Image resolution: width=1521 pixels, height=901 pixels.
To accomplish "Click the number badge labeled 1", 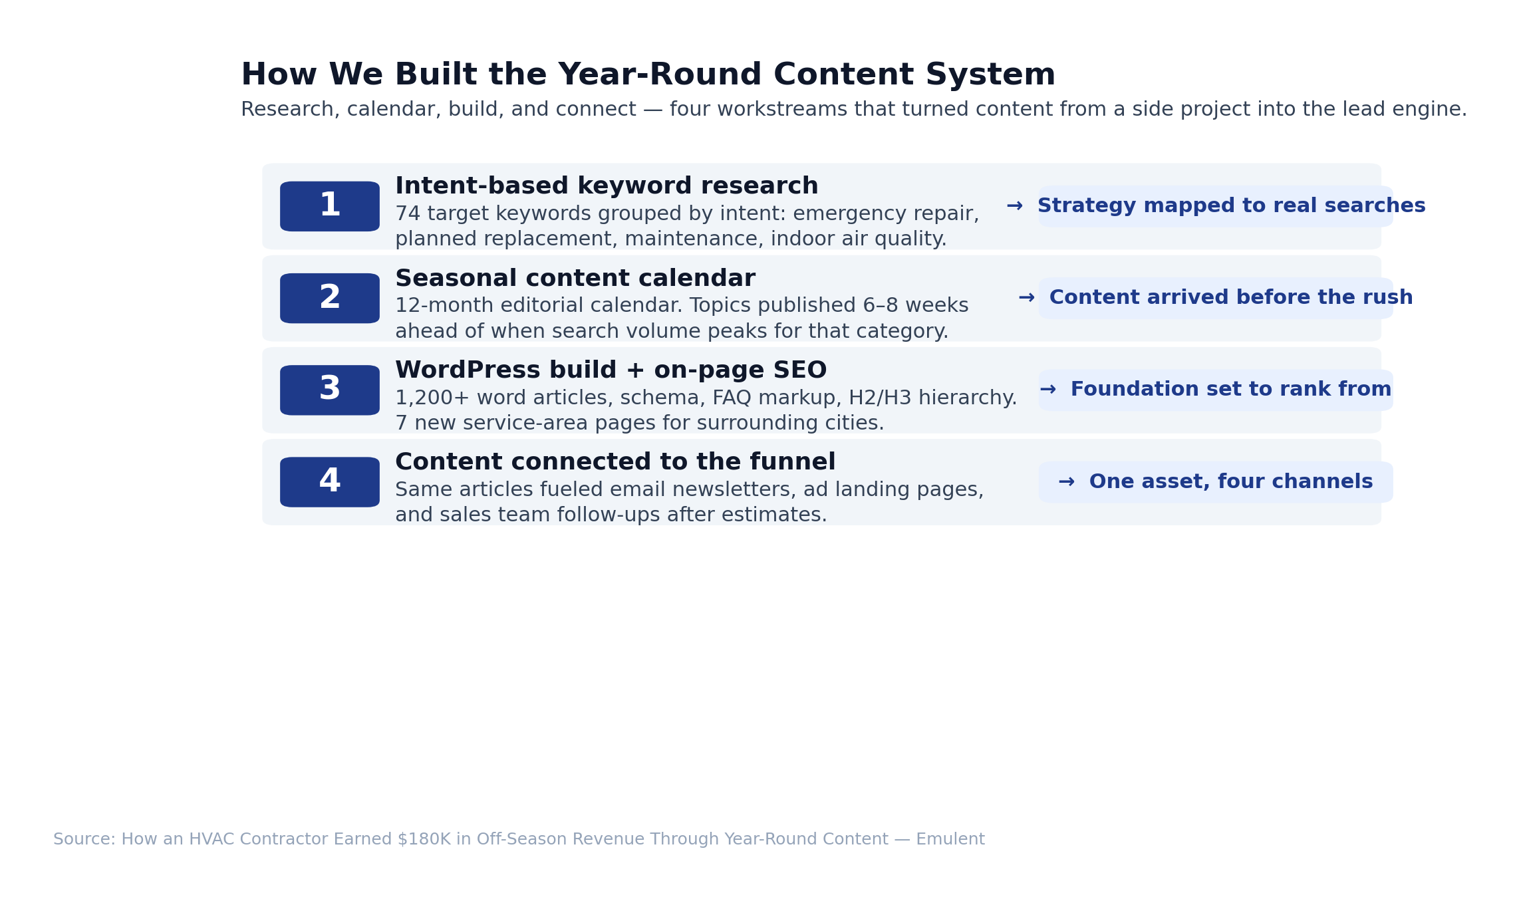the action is click(x=330, y=206).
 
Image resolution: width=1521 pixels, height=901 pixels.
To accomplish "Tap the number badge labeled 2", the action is click(x=330, y=299).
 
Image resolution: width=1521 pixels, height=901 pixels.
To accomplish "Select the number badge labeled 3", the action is click(x=330, y=390).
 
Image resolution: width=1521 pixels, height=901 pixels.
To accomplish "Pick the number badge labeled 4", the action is click(x=330, y=482).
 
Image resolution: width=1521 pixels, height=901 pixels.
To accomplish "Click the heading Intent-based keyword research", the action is click(x=607, y=186).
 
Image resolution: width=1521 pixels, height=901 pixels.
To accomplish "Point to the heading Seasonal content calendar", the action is click(x=575, y=279).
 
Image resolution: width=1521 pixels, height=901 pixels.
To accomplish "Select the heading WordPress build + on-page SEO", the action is click(x=611, y=370).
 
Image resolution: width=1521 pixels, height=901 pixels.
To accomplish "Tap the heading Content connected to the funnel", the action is click(x=615, y=462).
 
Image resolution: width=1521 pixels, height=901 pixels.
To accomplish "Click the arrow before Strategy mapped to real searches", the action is click(x=1015, y=206).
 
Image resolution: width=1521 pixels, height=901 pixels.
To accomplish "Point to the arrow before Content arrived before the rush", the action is click(x=1027, y=298).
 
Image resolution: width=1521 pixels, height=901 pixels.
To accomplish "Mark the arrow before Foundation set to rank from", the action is click(x=1048, y=390).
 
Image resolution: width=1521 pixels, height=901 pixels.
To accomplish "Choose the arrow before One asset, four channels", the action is click(x=1067, y=481).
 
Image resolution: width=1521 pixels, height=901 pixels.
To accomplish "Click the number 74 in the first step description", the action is click(x=408, y=214).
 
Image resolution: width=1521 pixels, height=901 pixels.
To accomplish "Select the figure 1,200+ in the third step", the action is click(x=433, y=398).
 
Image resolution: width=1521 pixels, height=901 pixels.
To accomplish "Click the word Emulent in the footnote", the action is click(x=950, y=839).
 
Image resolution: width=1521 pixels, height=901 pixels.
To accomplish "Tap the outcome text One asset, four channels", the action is click(x=1231, y=481).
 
